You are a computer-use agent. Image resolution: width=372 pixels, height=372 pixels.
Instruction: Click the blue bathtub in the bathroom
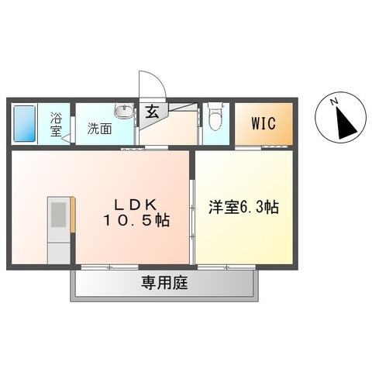coord(26,124)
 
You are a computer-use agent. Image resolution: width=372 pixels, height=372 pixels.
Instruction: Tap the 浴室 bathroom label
coord(56,125)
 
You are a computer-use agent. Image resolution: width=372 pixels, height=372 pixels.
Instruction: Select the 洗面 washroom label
coord(98,129)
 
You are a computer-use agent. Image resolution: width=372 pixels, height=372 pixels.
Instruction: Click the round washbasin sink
coord(123,111)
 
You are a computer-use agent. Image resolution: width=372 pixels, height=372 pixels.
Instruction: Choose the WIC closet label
coord(262,124)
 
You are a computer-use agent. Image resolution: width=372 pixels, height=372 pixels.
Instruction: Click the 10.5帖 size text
coord(138,220)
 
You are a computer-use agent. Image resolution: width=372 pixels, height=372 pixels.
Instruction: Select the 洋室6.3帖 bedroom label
coord(244,208)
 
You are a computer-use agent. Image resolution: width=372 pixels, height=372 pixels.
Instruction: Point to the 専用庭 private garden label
coord(164,282)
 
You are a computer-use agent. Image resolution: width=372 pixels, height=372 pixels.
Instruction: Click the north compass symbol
coord(340,121)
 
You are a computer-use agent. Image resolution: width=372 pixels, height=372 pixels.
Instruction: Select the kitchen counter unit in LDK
coord(58,229)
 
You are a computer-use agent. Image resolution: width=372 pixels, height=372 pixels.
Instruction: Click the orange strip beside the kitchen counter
coord(74,214)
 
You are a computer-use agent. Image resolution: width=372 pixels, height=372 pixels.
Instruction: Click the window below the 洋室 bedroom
coord(226,267)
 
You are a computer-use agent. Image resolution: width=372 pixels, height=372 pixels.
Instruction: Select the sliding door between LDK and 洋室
coord(191,209)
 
